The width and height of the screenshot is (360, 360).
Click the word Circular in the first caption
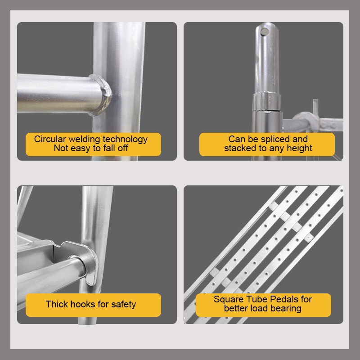click(x=50, y=139)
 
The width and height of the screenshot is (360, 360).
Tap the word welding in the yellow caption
click(x=84, y=139)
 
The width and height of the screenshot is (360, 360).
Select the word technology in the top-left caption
click(x=125, y=139)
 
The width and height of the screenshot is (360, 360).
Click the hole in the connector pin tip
click(x=265, y=31)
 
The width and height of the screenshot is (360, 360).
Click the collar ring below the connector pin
click(x=266, y=101)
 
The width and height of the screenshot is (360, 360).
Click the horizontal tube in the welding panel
click(x=58, y=94)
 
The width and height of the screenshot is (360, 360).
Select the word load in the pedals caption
click(x=257, y=309)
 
